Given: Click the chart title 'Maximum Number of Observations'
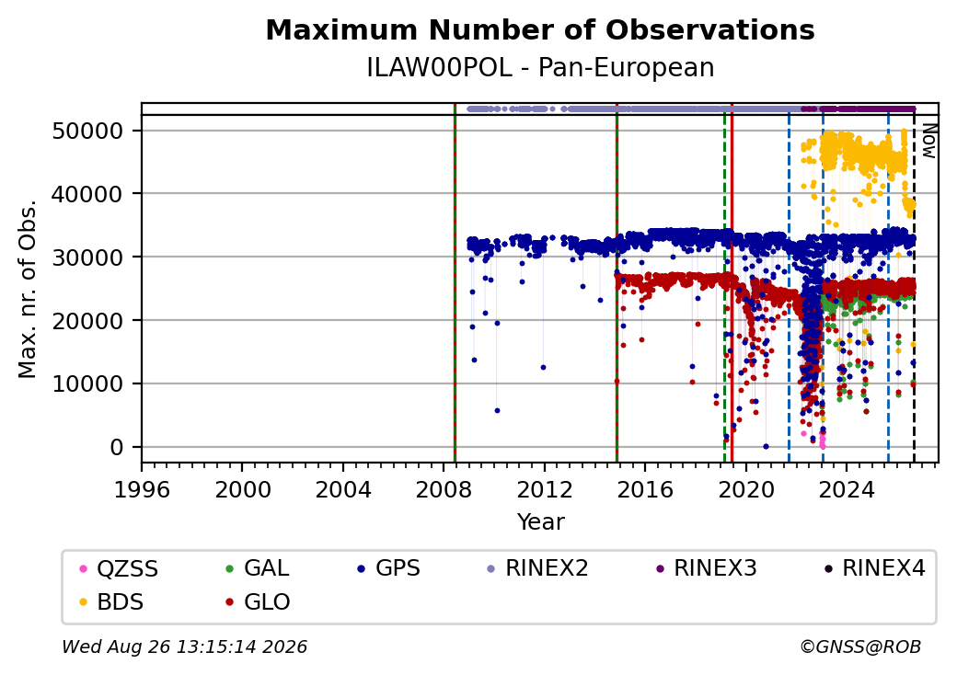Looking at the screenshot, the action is tap(540, 29).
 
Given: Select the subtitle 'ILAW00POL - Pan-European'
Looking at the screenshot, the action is tap(540, 67).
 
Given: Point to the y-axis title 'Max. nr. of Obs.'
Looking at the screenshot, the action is tap(28, 288).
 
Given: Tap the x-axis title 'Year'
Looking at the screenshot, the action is tap(540, 521).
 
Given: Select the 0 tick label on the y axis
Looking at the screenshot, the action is tap(117, 447).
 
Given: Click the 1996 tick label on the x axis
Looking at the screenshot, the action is tap(142, 489).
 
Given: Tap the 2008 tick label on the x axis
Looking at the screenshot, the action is tap(444, 489).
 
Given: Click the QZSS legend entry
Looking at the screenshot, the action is tap(119, 568).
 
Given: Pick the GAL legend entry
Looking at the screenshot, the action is tap(257, 567).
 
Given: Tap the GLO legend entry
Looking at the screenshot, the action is tap(258, 601).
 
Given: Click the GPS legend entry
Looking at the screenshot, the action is tap(388, 567).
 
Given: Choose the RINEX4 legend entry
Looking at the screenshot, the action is tap(874, 567).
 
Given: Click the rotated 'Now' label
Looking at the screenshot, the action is tap(928, 141).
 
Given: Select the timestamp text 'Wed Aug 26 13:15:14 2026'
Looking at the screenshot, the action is tap(185, 646).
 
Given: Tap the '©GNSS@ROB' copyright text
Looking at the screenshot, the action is tap(860, 646).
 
